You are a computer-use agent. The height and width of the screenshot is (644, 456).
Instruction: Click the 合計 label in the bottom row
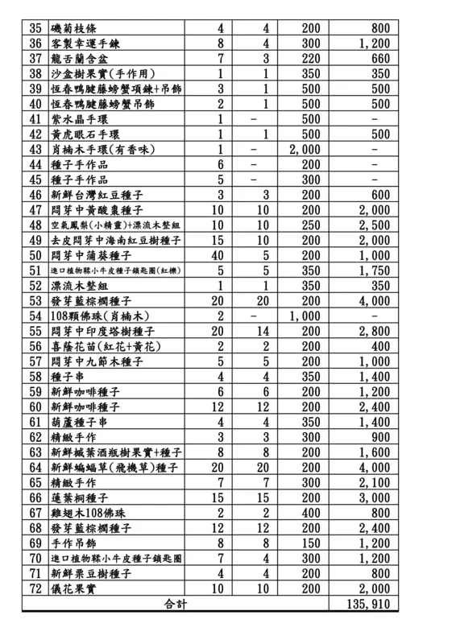point(174,603)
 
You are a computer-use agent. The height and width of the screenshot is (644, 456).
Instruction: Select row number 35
point(35,27)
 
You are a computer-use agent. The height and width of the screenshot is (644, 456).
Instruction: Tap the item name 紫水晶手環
point(79,119)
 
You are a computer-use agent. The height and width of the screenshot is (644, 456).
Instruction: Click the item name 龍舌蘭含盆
point(79,58)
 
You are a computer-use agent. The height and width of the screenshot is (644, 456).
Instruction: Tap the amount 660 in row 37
point(377,58)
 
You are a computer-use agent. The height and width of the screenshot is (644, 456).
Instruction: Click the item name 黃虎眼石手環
point(85,134)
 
